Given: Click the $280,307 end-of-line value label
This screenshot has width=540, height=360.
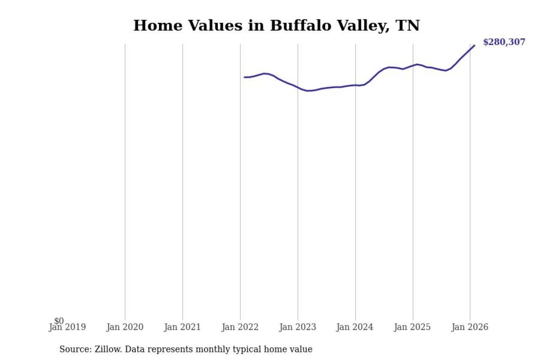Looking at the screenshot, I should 504,42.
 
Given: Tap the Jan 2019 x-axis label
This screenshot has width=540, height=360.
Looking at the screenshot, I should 67,328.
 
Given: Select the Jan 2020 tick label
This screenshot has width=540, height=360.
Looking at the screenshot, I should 125,328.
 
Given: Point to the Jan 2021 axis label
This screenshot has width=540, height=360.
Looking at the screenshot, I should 182,328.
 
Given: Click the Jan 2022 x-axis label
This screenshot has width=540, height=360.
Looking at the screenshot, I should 240,328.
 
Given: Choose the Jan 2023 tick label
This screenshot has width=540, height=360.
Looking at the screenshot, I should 297,328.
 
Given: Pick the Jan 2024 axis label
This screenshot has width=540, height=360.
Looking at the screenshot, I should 355,328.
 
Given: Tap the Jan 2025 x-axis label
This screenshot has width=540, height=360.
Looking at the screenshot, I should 412,328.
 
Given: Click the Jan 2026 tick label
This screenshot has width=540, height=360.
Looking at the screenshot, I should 470,328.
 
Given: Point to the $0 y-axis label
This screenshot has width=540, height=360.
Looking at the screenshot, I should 59,321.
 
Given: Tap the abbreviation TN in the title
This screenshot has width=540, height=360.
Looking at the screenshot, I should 408,26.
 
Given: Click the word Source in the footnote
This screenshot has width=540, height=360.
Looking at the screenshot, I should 74,349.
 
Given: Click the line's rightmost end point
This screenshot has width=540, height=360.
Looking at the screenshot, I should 474,45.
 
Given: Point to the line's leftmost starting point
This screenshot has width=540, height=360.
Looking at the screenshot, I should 244,77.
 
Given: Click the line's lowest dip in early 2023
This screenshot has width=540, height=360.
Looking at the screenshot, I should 308,91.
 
